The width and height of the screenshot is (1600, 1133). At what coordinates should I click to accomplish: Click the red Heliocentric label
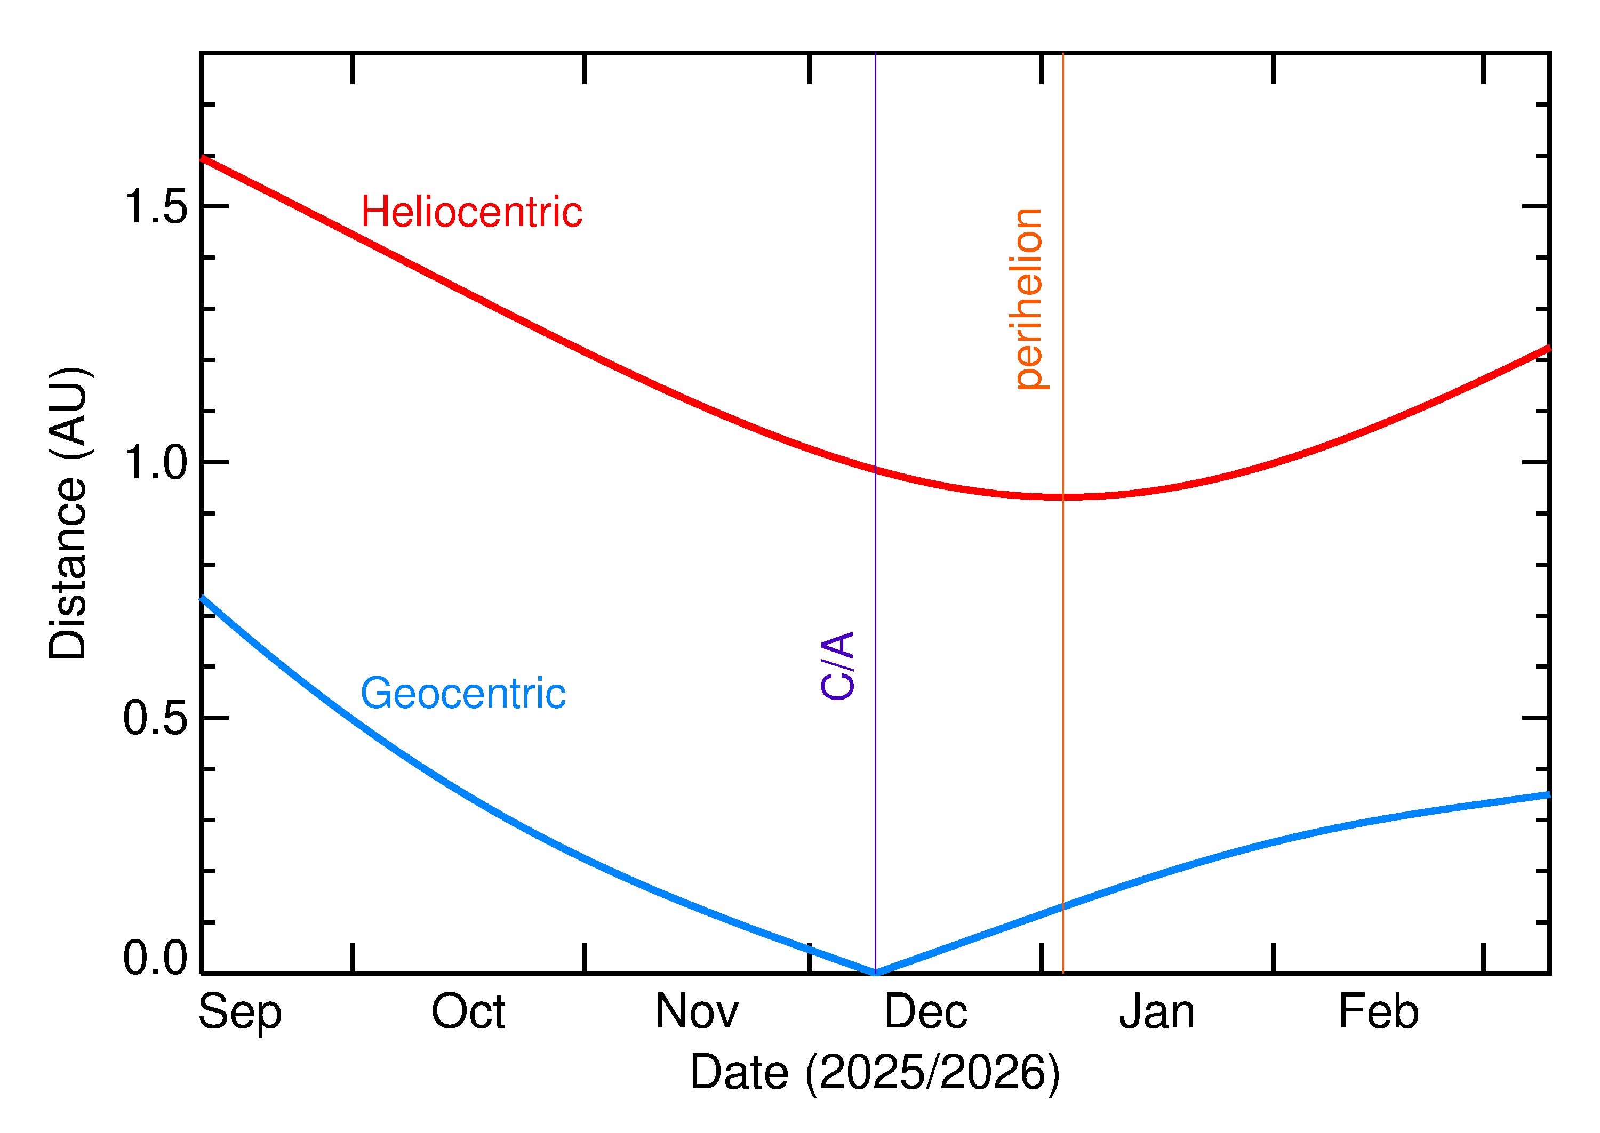coord(471,212)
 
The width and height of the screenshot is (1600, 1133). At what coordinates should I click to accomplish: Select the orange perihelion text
coord(1028,299)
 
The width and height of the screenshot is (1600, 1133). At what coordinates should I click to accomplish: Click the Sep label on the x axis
coord(240,1013)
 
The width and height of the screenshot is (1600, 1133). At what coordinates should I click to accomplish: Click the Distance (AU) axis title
coord(68,513)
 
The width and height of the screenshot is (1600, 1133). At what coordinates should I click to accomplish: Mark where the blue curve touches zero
coord(875,973)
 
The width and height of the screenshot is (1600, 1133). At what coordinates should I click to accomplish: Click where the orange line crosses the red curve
coord(1063,497)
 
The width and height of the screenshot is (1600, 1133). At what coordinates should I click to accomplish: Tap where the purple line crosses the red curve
coord(875,470)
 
